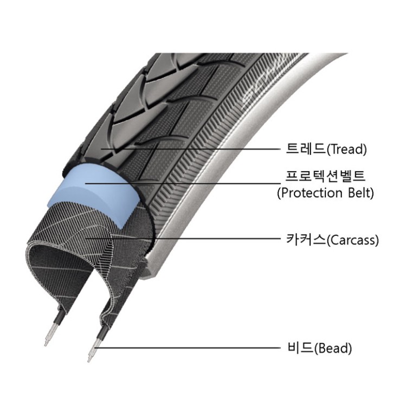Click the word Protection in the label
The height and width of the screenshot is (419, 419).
pos(311,193)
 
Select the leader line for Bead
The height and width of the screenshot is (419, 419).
pos(190,347)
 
